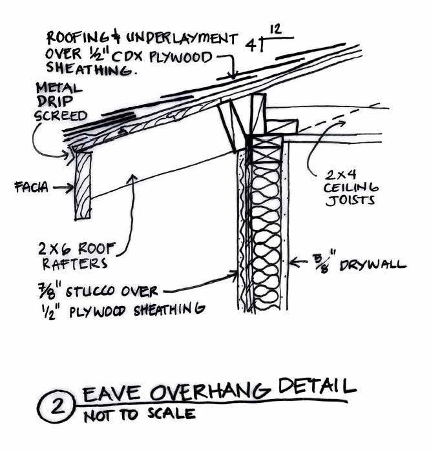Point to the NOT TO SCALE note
click(139, 414)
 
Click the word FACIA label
click(29, 189)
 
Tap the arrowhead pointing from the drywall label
click(293, 262)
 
